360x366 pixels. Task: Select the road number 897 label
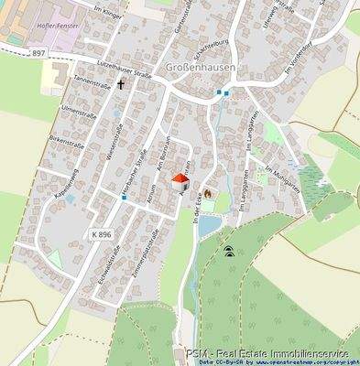(x=37, y=54)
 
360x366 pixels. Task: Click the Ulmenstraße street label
(x=78, y=119)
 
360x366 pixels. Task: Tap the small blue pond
(x=209, y=223)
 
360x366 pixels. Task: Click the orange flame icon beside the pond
(x=208, y=194)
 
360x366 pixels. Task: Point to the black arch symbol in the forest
(x=228, y=250)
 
